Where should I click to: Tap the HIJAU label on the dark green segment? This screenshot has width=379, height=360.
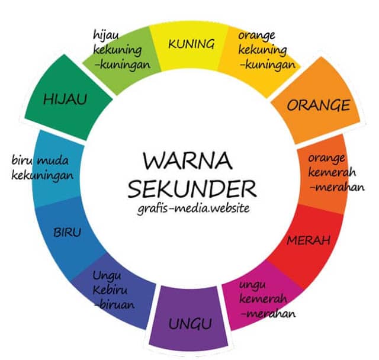(65, 99)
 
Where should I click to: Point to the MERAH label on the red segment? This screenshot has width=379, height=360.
(308, 241)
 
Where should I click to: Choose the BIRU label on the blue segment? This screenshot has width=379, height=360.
(68, 231)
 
